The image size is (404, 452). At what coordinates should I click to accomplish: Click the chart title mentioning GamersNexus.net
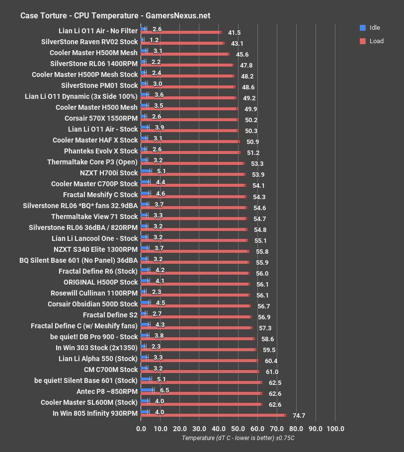(x=115, y=15)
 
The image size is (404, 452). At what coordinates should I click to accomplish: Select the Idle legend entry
(x=375, y=28)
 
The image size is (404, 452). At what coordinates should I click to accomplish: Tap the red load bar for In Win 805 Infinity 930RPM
(x=214, y=415)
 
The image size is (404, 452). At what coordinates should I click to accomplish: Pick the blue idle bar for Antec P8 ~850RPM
(x=148, y=390)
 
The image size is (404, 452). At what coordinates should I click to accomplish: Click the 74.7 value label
(x=299, y=416)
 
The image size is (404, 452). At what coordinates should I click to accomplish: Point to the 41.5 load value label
(x=234, y=33)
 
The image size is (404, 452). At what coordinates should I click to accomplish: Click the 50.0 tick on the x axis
(x=238, y=429)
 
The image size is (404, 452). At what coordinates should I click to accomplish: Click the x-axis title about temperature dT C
(x=238, y=438)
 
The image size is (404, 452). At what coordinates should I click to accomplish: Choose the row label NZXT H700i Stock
(x=108, y=173)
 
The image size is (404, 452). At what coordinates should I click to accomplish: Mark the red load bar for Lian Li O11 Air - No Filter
(x=181, y=32)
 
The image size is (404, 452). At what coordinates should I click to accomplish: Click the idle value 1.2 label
(x=154, y=40)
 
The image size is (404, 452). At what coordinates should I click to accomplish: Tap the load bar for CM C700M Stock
(x=200, y=372)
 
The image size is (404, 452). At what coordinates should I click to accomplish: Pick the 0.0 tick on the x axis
(x=141, y=429)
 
